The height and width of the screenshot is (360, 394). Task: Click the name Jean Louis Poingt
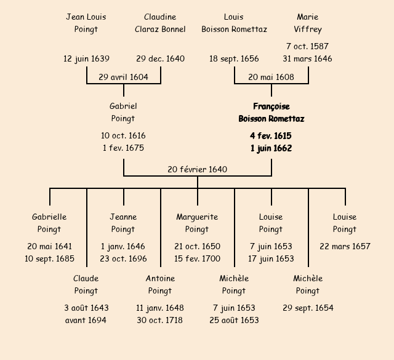(86, 23)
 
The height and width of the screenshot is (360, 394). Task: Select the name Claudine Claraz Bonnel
(160, 23)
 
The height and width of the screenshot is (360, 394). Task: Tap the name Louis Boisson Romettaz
(234, 23)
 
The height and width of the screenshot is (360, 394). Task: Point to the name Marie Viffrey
(308, 23)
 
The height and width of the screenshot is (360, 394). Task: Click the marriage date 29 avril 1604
(123, 77)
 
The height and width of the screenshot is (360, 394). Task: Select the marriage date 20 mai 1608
(271, 77)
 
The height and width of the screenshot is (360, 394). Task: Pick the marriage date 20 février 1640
(197, 169)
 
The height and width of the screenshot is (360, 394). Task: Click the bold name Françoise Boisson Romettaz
(271, 113)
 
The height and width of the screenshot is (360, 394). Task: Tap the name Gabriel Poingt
(123, 113)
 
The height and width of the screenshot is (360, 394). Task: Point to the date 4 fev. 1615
(271, 135)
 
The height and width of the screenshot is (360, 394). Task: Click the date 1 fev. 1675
(123, 148)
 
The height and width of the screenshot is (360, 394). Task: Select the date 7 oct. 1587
(307, 46)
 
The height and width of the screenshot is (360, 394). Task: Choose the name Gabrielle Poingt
(49, 223)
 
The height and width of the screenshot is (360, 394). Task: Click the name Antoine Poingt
(160, 284)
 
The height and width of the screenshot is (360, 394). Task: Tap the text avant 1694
(86, 320)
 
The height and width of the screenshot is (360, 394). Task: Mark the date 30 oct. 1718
(160, 320)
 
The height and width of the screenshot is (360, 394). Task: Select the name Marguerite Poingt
(197, 223)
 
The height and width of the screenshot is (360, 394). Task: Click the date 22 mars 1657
(345, 246)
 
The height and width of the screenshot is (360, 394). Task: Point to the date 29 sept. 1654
(308, 308)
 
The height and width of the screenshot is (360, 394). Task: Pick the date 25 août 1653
(234, 320)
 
